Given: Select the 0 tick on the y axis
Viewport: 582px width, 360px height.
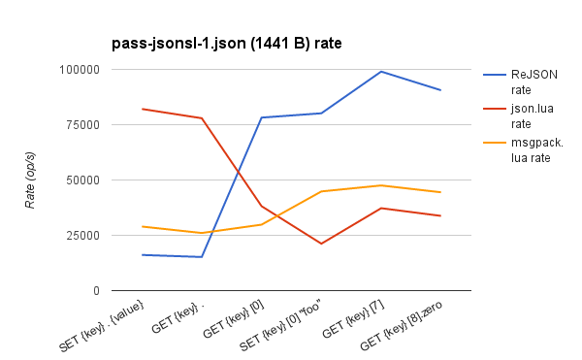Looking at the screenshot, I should click(x=95, y=291).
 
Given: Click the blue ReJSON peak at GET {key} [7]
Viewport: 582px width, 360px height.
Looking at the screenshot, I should click(x=381, y=72).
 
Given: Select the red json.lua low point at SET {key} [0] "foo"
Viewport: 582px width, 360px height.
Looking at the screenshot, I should click(x=321, y=244).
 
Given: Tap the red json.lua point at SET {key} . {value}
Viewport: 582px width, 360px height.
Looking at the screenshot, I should click(x=143, y=109).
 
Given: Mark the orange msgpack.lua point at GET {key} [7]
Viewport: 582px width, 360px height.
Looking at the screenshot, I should click(x=381, y=185).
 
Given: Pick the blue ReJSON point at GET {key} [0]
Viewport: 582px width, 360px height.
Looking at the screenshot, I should click(x=262, y=117).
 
